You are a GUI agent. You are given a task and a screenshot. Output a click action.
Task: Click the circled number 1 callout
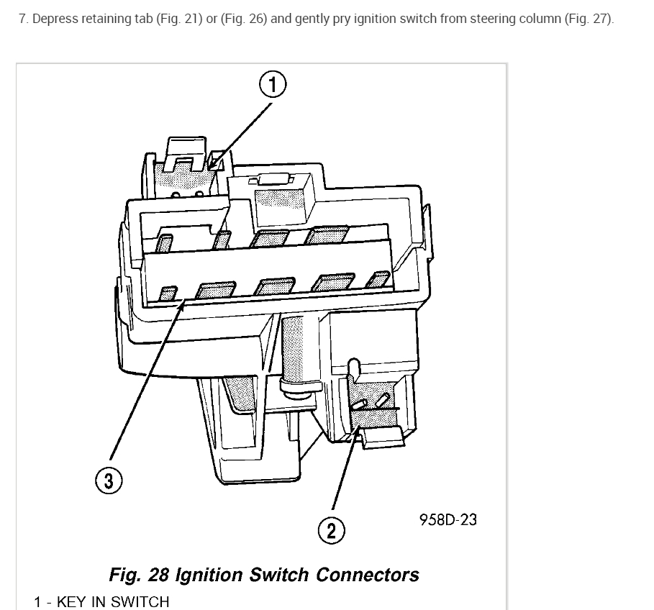[x=273, y=85]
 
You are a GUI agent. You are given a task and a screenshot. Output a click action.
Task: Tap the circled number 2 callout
[x=331, y=531]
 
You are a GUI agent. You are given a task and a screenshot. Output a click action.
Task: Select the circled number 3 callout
[x=109, y=481]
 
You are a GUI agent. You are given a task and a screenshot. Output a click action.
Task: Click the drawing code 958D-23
[x=448, y=519]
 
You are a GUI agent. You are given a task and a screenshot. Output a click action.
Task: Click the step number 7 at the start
[x=23, y=19]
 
